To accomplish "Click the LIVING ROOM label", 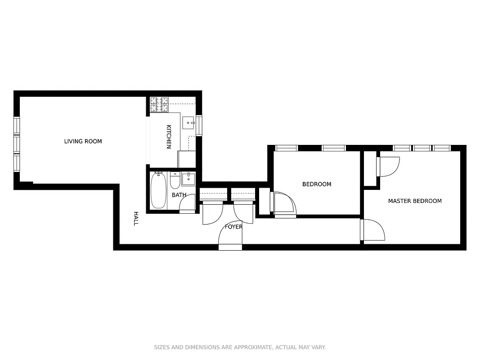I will point(83,141).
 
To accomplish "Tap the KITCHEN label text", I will point(169,137).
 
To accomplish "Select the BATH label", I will point(179,195).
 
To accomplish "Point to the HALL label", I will point(135,218).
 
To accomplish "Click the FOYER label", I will point(233,227).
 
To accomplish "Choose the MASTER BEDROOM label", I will point(415,201).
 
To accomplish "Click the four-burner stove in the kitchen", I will point(159,104).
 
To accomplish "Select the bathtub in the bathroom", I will point(158,191).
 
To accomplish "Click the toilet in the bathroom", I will point(175,180).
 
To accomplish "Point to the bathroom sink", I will point(188,178).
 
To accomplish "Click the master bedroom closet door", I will point(389,166).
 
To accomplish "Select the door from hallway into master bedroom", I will point(373,230).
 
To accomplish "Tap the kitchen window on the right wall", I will point(199,126).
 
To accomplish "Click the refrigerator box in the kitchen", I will point(187,159).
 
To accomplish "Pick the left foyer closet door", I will point(213,213).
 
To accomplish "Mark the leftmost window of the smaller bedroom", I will point(287,148).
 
